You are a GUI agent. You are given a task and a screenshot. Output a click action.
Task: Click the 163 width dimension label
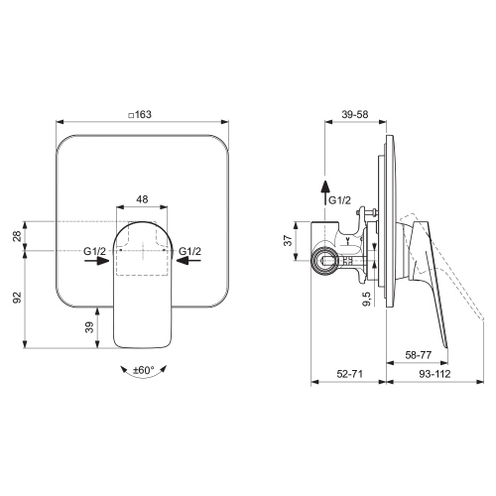coord(144,114)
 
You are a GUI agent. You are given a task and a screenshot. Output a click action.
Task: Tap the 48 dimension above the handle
coord(142,199)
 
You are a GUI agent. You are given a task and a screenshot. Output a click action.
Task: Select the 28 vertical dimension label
coord(17,236)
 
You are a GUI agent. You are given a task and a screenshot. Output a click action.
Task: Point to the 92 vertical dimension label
coord(17,298)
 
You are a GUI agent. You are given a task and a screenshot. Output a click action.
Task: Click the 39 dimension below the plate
coord(89,327)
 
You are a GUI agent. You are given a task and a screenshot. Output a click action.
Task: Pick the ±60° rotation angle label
coord(144,370)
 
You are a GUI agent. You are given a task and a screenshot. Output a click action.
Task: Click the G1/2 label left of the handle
coord(94,251)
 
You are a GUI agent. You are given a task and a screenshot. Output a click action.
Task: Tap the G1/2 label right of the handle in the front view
coord(189,251)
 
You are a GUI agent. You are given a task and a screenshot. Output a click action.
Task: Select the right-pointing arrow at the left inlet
coord(96,261)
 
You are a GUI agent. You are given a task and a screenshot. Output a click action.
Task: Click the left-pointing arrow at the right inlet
coord(188,261)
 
